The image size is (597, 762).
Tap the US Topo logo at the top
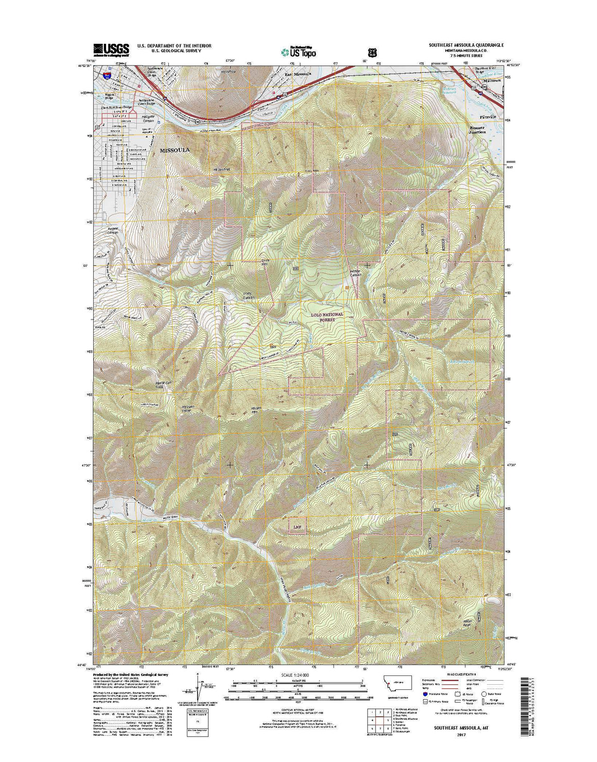pos(298,52)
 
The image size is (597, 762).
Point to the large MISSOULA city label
pos(174,150)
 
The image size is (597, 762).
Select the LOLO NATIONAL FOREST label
pos(326,317)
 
